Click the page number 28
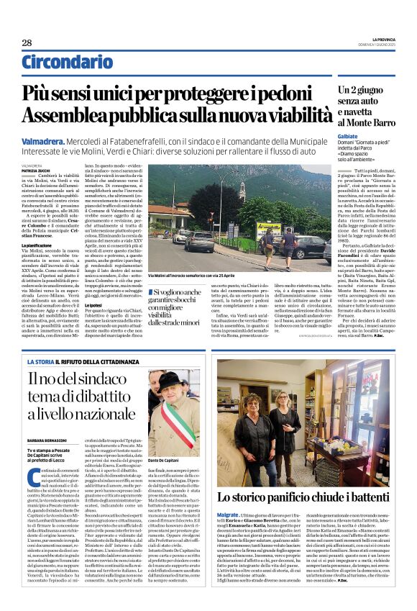point(27,42)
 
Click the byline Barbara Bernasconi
point(47,438)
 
